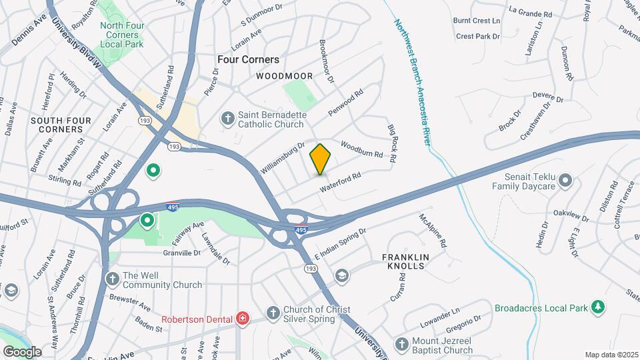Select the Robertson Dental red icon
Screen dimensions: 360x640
click(x=242, y=319)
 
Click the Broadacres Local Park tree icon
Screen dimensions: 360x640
click(x=599, y=307)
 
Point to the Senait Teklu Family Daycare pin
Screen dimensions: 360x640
click(x=566, y=180)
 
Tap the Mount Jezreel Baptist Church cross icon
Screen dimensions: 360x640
click(x=401, y=344)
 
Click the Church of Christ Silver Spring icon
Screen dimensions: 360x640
click(x=273, y=313)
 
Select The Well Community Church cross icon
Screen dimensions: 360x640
click(x=112, y=277)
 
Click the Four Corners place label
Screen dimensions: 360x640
click(x=248, y=59)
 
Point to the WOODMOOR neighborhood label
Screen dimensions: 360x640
click(x=280, y=77)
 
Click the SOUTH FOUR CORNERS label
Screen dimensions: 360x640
click(x=55, y=125)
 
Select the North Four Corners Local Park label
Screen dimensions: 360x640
click(x=122, y=35)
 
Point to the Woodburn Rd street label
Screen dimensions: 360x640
click(x=361, y=149)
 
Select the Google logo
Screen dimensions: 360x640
click(x=21, y=351)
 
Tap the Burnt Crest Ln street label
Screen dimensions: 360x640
click(x=477, y=21)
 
